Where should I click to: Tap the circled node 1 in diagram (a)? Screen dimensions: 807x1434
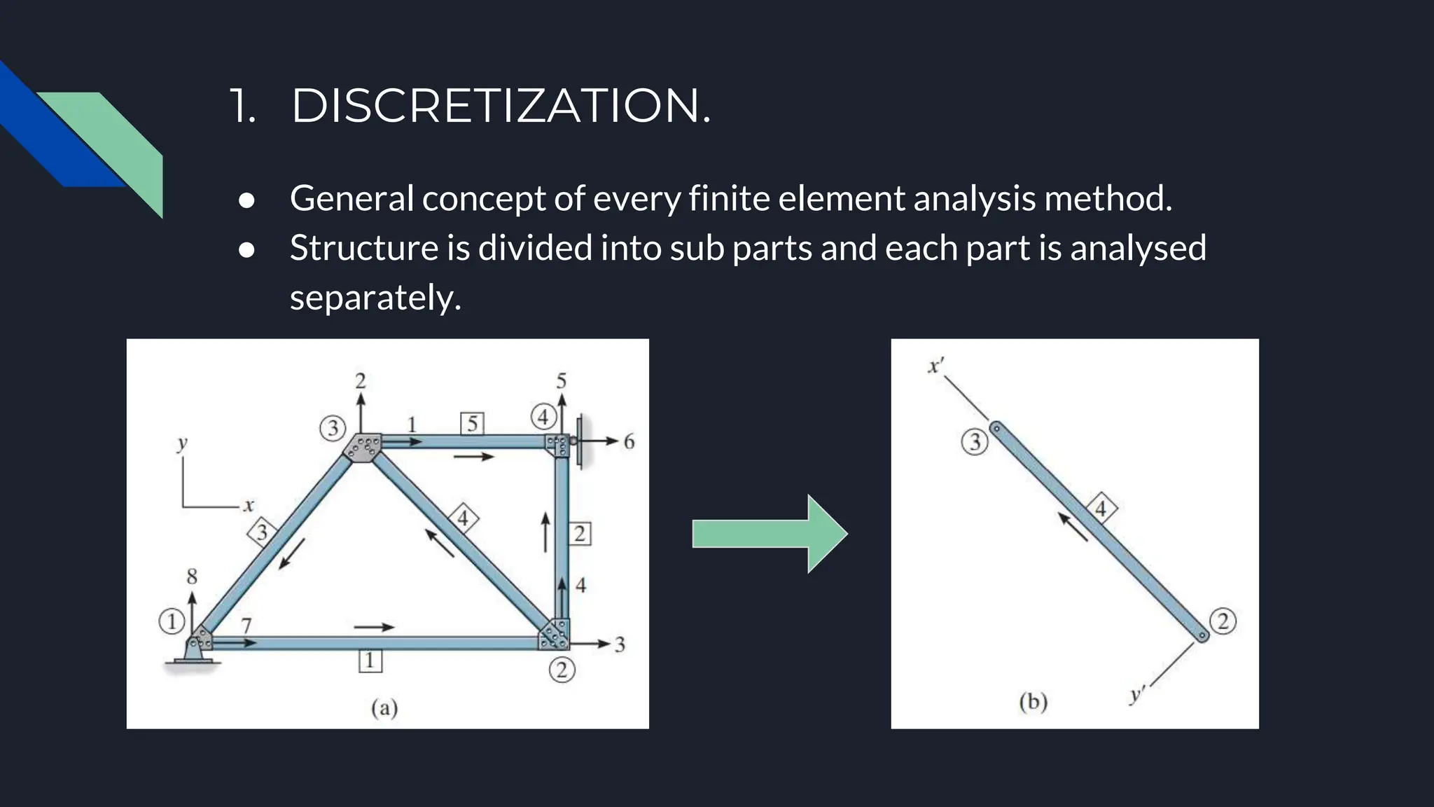[x=172, y=621]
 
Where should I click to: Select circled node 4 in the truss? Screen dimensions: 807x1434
[x=543, y=417]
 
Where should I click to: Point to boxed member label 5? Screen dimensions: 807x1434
[x=473, y=424]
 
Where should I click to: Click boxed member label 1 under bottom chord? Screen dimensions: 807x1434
[x=370, y=661]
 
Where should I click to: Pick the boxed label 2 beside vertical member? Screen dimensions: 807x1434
[x=580, y=534]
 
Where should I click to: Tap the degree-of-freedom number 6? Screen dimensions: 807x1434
[x=629, y=442]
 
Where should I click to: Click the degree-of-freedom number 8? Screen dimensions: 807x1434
[x=192, y=577]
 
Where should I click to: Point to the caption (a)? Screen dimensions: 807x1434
[x=384, y=708]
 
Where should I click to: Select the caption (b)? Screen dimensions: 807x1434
[x=1033, y=701]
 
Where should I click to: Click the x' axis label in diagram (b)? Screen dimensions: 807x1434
[x=935, y=366]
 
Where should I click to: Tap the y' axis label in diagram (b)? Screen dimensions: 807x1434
[x=1136, y=695]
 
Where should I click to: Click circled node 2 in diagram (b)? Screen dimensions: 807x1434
[x=1223, y=621]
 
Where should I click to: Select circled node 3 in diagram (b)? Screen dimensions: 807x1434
[x=975, y=442]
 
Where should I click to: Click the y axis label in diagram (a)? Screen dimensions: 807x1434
[x=182, y=443]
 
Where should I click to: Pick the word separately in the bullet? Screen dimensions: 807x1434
[x=375, y=298]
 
